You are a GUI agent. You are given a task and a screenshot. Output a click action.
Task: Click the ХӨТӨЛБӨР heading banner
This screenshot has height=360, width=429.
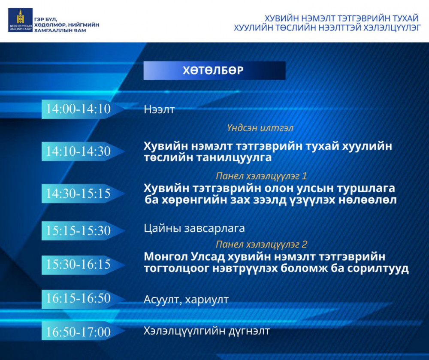(214, 70)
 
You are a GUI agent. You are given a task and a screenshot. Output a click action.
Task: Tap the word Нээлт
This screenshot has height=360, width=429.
(159, 110)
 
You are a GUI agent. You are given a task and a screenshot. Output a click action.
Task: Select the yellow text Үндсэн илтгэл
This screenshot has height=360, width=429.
(260, 128)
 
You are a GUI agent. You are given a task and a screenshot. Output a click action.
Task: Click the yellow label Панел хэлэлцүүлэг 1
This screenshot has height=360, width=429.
(261, 175)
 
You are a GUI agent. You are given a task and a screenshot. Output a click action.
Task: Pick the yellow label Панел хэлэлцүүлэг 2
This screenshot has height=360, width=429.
(261, 244)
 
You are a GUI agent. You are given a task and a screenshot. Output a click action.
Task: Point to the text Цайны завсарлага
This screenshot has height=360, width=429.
(194, 228)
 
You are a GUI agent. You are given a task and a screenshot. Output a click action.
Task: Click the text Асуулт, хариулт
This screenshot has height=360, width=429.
(186, 299)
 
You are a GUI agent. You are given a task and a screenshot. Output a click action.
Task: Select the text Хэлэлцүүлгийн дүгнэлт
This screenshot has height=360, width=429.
(207, 331)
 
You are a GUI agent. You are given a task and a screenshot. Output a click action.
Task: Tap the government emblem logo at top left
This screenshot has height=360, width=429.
(20, 20)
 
